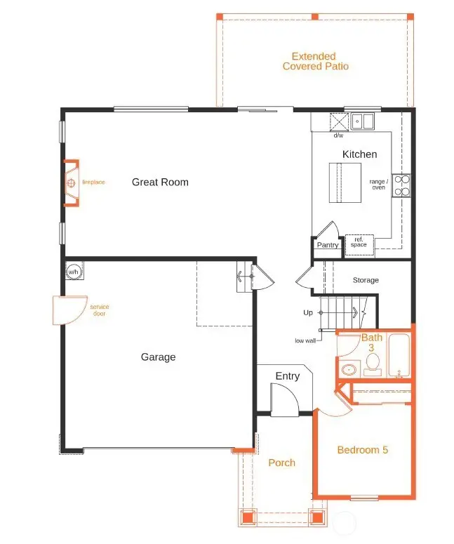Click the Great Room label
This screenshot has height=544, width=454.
[x=160, y=183]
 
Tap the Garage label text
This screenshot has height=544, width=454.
[x=158, y=357]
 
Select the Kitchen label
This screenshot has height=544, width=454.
[x=359, y=154]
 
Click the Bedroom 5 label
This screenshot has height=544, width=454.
[x=362, y=450]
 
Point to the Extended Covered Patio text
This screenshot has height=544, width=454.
[x=315, y=61]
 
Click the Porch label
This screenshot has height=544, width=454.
[x=281, y=463]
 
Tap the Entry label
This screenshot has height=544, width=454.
[x=287, y=376]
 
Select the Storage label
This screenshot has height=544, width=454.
[x=366, y=280]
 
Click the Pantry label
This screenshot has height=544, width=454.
[x=328, y=245]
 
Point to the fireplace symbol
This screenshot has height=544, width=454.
[x=71, y=184]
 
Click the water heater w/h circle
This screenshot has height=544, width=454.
[x=73, y=272]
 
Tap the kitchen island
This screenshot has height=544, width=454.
[x=345, y=183]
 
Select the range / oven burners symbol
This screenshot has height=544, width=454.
[x=401, y=185]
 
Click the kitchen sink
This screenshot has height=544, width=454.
[x=363, y=121]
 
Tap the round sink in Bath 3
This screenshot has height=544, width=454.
[x=349, y=369]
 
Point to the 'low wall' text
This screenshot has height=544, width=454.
[x=305, y=340]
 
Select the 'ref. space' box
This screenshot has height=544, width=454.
[x=359, y=242]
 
